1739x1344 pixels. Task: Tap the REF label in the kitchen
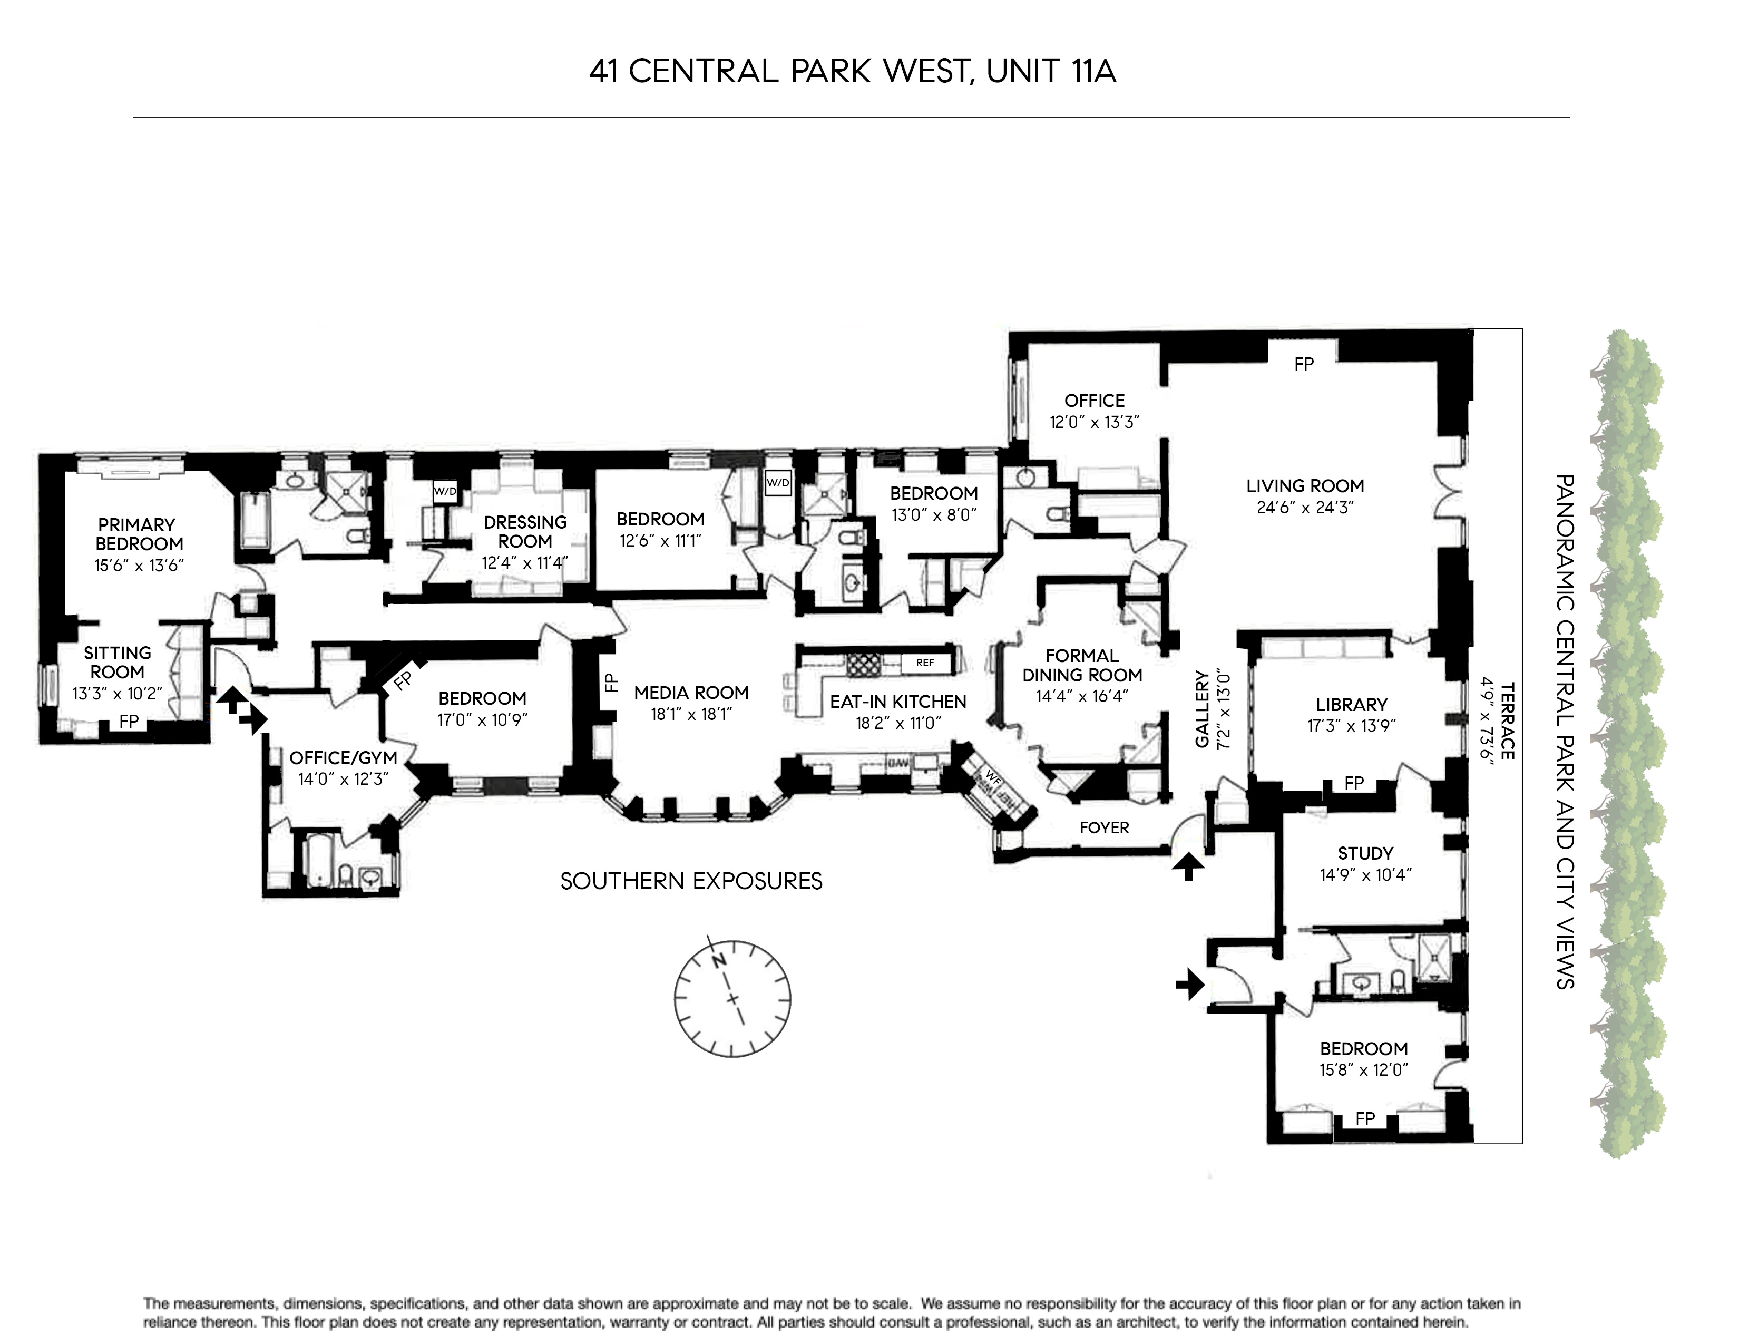[x=924, y=663]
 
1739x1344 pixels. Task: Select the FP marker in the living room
[x=1303, y=365]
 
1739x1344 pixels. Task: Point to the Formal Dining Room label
[x=1081, y=665]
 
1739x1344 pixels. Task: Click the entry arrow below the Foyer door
[x=1187, y=865]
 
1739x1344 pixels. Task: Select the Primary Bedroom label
[x=139, y=534]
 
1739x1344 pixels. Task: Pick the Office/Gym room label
[x=343, y=758]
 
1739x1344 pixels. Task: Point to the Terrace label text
[x=1507, y=720]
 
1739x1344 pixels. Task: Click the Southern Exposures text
[x=691, y=881]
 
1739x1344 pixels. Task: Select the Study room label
[x=1365, y=853]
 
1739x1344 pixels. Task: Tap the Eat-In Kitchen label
[x=897, y=702]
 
